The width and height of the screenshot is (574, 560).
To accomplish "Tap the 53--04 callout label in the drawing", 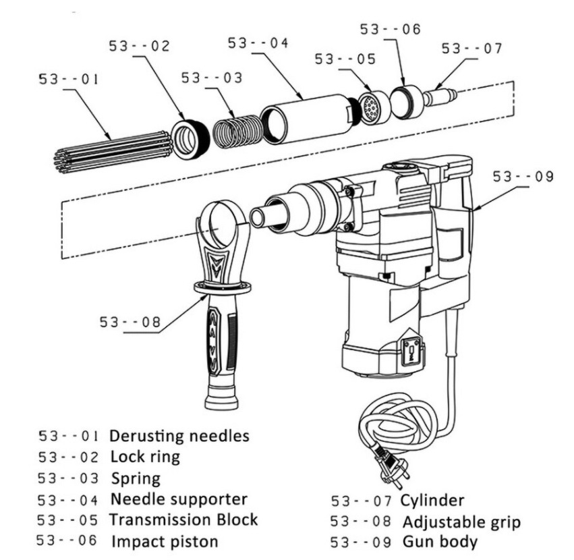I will click(258, 43).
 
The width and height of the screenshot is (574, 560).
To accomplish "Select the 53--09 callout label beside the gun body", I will click(523, 177).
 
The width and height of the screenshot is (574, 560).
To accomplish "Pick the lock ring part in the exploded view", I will click(190, 139).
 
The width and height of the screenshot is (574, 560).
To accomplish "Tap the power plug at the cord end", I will click(389, 465).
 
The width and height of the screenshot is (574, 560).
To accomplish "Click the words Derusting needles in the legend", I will click(179, 435).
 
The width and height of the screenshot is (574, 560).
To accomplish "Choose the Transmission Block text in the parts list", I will click(183, 520).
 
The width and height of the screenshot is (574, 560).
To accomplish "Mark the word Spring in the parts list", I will click(136, 478).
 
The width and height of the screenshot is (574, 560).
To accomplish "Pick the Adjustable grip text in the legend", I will click(461, 522).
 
